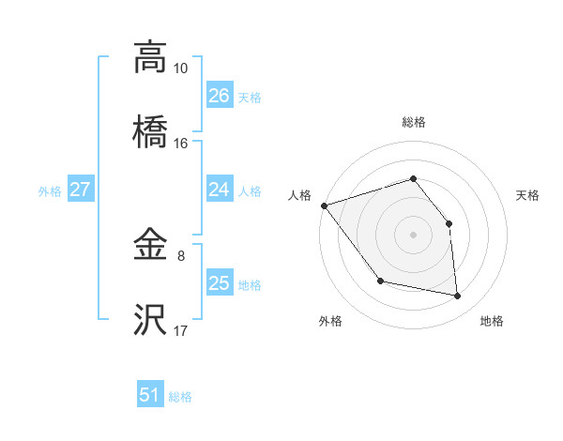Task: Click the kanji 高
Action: [150, 58]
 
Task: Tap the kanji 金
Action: [150, 247]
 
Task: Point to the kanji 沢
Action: [150, 321]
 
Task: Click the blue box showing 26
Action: [220, 96]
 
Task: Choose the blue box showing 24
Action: [220, 190]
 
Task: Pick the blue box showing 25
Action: [220, 283]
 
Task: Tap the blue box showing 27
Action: [80, 190]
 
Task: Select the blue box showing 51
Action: [150, 395]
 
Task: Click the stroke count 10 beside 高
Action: [180, 68]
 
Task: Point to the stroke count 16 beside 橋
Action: [180, 144]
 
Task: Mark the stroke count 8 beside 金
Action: [180, 254]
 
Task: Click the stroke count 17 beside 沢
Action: [180, 330]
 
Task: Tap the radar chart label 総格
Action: [413, 122]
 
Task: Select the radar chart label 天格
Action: [527, 196]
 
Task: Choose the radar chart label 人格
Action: [299, 196]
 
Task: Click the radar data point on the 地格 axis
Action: [457, 297]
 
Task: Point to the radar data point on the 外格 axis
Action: [380, 281]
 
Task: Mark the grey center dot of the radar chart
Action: [413, 234]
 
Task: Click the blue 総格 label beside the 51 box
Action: [180, 397]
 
